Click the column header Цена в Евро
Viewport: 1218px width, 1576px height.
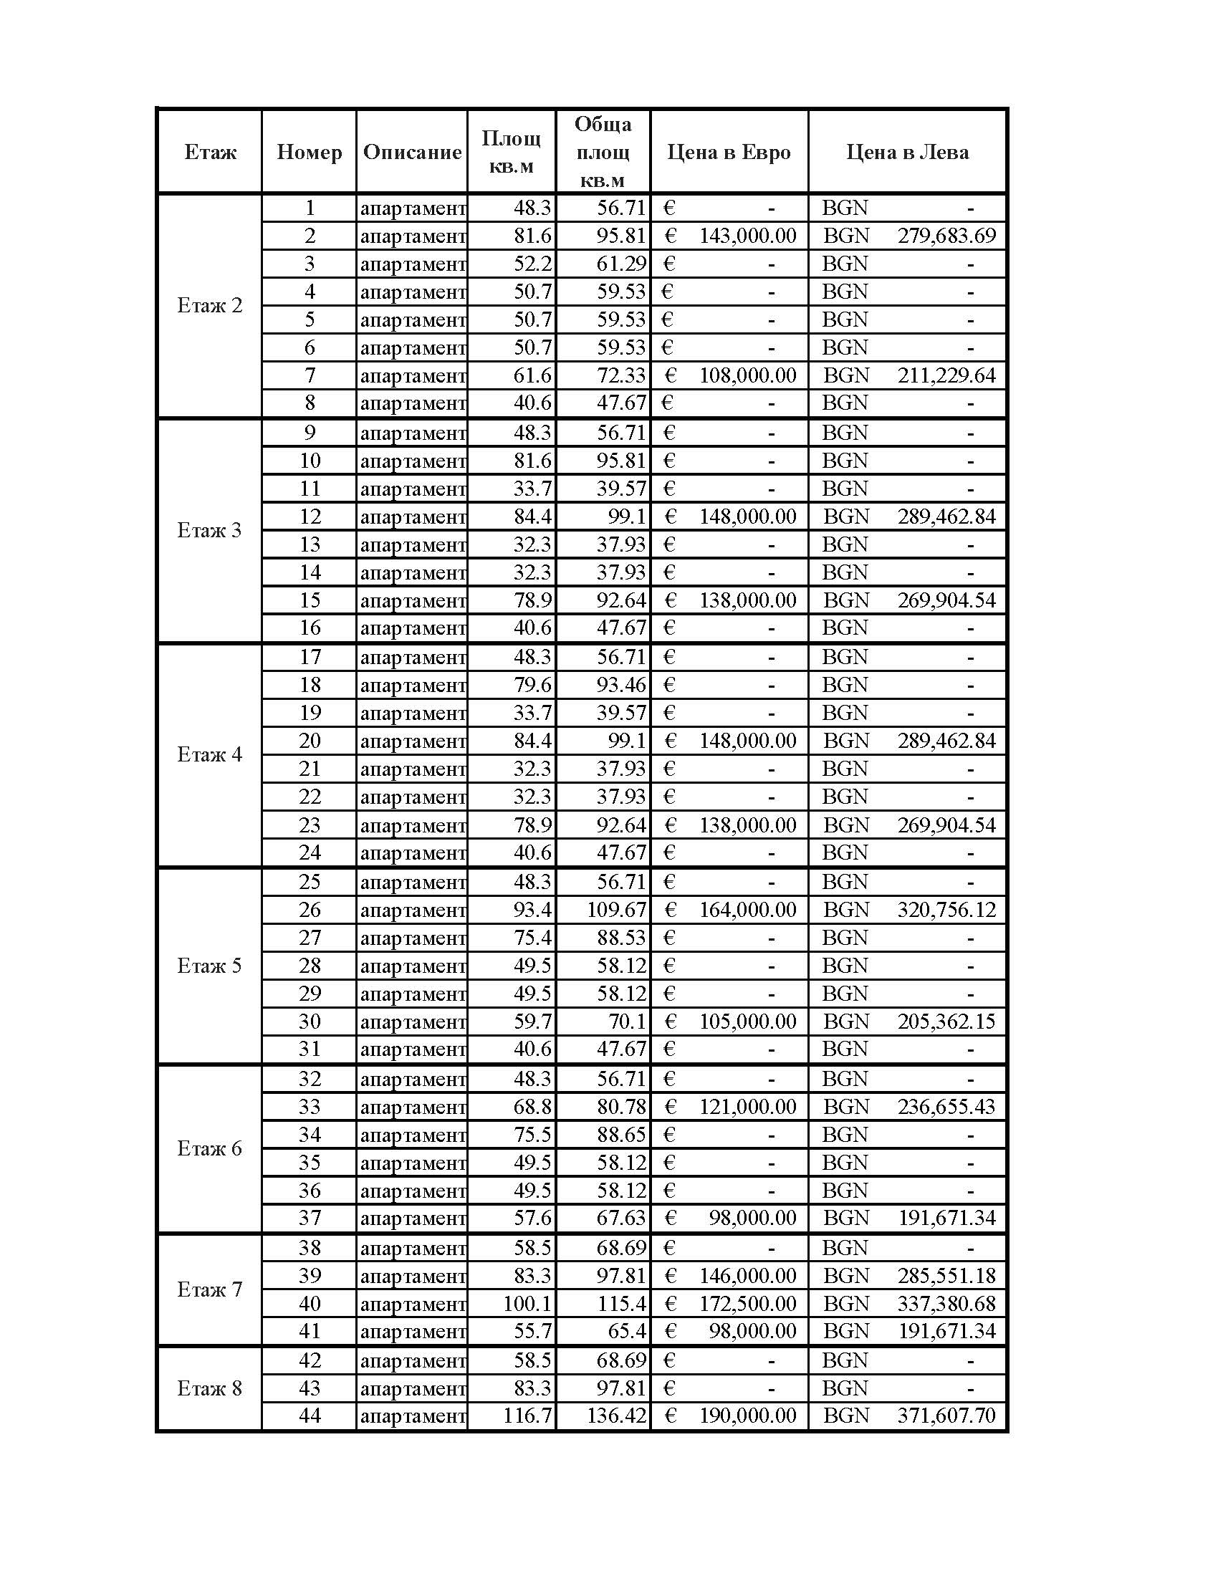[729, 153]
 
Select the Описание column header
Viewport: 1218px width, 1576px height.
[412, 153]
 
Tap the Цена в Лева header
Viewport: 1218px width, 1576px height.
[907, 153]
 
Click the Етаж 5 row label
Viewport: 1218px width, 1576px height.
[209, 966]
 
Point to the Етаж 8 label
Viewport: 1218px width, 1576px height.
[209, 1388]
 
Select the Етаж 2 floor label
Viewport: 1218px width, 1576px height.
[209, 305]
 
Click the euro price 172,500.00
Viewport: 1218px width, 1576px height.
[747, 1303]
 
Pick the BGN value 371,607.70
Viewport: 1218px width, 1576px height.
[946, 1415]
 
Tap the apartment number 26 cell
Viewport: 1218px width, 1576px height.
[310, 910]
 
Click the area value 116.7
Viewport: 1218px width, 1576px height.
[527, 1415]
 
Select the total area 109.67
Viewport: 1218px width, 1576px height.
[616, 910]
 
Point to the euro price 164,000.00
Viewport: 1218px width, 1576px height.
[747, 910]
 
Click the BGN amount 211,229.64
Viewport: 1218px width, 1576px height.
[946, 375]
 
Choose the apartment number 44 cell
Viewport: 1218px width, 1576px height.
[310, 1415]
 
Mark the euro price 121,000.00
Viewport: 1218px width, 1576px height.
[747, 1106]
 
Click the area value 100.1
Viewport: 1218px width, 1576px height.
[527, 1303]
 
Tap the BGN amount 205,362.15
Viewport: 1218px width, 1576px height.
[946, 1021]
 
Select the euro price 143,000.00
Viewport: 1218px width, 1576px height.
[747, 236]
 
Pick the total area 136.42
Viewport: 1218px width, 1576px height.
[616, 1415]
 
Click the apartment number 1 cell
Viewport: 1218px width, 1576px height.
[310, 208]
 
